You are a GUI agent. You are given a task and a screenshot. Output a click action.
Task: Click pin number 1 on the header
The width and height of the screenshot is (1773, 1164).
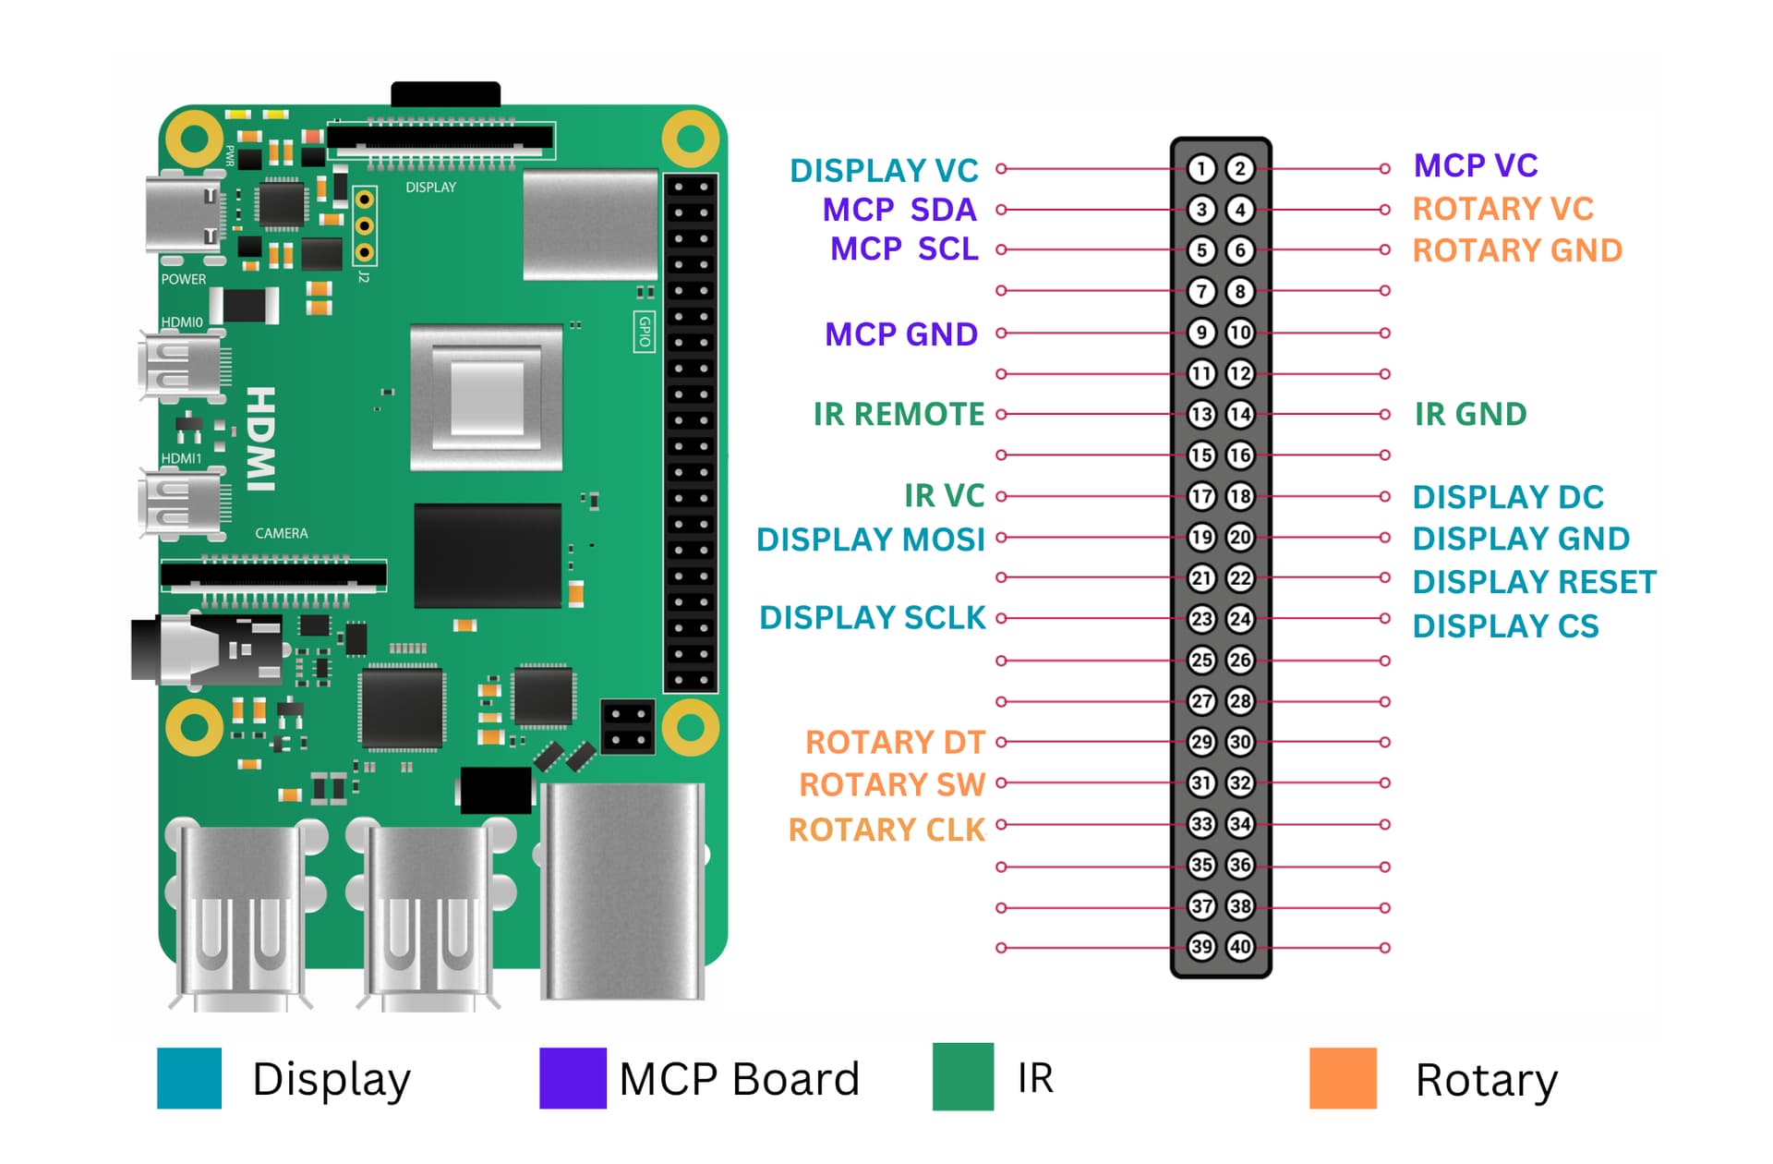(1200, 168)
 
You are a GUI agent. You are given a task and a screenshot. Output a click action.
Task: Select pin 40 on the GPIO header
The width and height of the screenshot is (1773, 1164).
(1240, 947)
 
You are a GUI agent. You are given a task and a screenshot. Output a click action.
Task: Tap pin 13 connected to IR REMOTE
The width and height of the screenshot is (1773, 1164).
(1200, 414)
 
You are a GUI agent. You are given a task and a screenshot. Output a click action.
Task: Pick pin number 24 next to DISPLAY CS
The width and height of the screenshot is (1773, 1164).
(1240, 619)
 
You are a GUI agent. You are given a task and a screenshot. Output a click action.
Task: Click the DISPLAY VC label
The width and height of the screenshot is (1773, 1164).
(884, 171)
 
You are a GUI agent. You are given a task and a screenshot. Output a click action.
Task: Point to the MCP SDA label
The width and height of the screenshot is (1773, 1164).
(899, 211)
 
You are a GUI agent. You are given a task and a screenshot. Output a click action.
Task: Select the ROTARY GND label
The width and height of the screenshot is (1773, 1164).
(1517, 250)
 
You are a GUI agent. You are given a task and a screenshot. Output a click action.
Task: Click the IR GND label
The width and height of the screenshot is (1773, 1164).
(1470, 415)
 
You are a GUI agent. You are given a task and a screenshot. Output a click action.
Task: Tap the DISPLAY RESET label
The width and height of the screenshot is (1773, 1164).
(1534, 582)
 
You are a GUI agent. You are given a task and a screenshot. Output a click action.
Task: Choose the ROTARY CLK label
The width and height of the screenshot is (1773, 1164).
(886, 830)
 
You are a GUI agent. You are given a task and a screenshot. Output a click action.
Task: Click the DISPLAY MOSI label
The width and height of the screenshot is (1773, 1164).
(870, 540)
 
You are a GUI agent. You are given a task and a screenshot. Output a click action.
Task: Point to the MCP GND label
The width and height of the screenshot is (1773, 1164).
(900, 334)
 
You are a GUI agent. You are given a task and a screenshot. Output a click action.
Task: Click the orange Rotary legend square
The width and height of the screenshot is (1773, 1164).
(1343, 1078)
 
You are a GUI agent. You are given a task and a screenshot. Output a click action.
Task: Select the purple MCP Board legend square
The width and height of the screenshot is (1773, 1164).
(573, 1078)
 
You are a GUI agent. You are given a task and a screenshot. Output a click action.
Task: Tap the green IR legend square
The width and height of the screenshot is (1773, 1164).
(962, 1077)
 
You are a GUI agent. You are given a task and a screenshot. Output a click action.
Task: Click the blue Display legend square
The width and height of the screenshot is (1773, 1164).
(189, 1078)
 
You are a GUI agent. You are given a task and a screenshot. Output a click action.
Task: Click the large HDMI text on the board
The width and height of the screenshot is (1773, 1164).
(261, 439)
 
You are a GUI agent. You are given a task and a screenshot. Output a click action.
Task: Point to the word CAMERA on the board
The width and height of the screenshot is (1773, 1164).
(282, 534)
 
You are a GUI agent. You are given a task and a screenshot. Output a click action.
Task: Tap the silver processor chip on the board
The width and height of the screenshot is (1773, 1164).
(487, 397)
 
